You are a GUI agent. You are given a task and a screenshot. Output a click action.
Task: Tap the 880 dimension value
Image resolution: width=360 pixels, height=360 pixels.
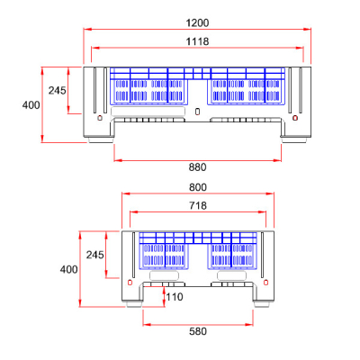pos(197,166)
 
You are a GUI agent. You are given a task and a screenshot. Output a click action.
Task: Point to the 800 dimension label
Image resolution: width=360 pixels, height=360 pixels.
pos(197,186)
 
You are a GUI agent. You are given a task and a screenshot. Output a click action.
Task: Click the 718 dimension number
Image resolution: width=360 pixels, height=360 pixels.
pos(197,206)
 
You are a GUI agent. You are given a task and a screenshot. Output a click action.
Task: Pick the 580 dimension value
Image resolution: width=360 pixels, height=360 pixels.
pos(197,330)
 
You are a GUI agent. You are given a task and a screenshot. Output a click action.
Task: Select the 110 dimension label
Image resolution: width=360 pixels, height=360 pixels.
pos(174,296)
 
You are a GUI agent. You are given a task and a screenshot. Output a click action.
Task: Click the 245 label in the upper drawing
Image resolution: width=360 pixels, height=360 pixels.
pos(58,90)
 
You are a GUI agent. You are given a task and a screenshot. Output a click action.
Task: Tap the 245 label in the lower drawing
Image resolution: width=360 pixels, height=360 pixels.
pos(95,255)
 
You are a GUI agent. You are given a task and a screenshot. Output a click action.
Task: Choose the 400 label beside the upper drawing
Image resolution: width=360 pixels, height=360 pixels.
pos(31,104)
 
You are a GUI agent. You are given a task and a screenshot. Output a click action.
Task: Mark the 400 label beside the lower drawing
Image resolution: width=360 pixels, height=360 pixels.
pos(68,269)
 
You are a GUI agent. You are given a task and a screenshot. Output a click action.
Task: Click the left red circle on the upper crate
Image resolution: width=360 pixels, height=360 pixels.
pos(99,117)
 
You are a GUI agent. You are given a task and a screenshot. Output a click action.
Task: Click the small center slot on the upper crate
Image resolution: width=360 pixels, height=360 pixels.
pos(198,112)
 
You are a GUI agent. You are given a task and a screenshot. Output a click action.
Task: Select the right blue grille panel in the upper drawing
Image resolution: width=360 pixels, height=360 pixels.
pos(247,90)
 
